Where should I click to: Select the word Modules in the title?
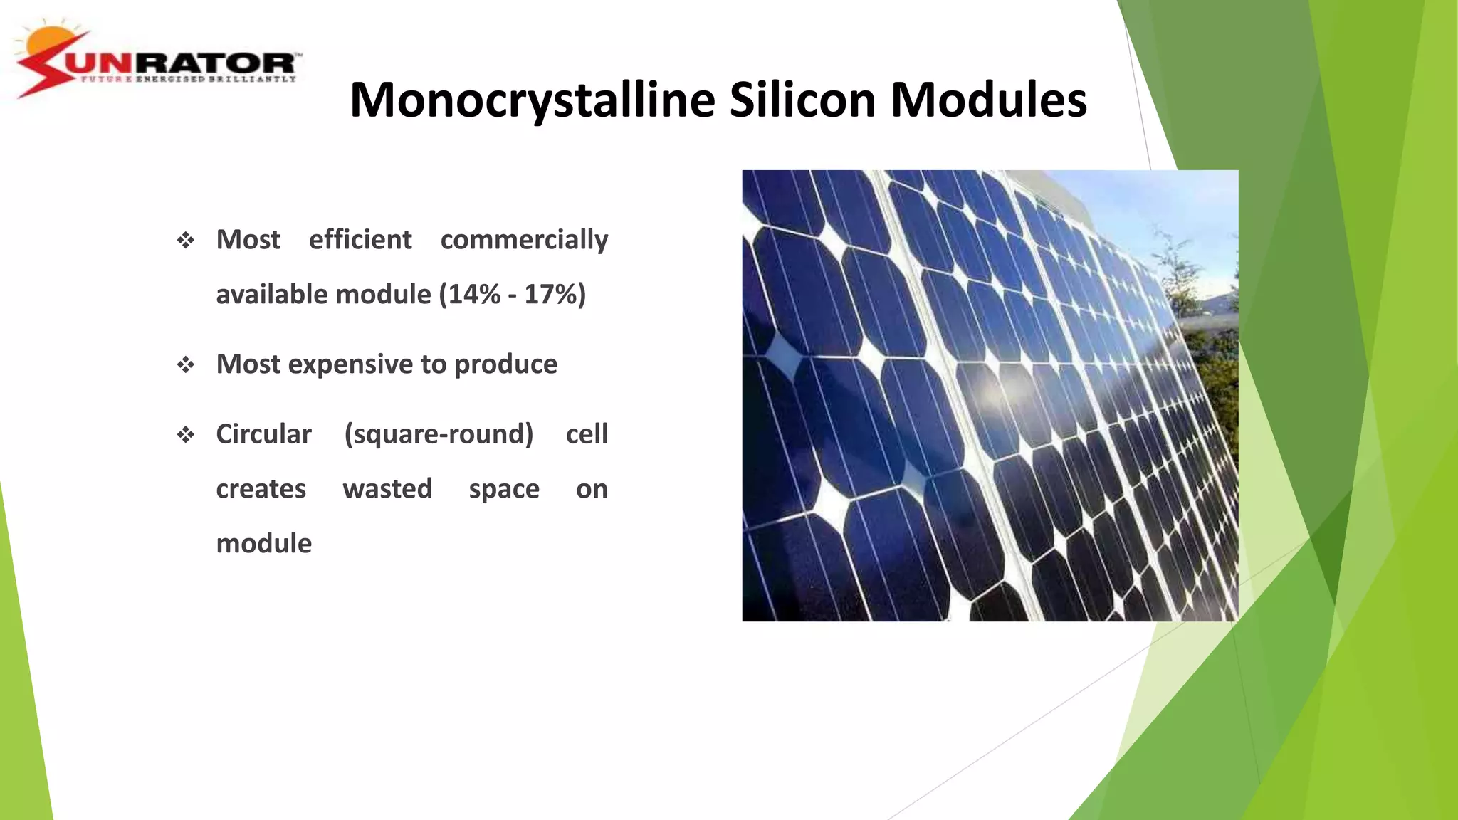tap(989, 100)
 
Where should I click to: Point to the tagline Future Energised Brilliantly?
tap(188, 79)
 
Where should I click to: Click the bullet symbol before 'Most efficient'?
tap(186, 241)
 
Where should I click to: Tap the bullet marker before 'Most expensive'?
tap(186, 365)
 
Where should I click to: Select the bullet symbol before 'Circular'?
tap(186, 435)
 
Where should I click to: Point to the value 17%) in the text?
tap(555, 295)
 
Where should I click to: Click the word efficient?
tap(360, 240)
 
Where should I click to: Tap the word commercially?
tap(524, 240)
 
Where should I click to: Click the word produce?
tap(505, 364)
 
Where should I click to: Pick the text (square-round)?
tap(439, 434)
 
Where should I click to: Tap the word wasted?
tap(387, 489)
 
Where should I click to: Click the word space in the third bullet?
tap(504, 489)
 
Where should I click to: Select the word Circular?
tap(263, 434)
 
